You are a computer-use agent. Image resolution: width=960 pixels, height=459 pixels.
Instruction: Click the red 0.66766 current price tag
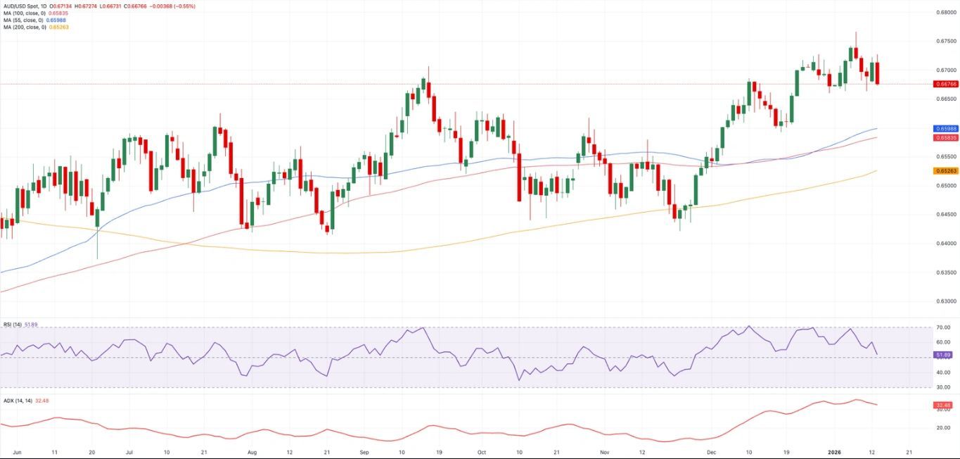click(x=945, y=84)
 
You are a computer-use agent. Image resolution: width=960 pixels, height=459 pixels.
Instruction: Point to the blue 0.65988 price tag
click(x=945, y=129)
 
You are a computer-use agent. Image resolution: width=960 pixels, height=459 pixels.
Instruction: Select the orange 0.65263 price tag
click(x=945, y=171)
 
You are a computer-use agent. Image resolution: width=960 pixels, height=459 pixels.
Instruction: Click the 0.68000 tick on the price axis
click(x=945, y=13)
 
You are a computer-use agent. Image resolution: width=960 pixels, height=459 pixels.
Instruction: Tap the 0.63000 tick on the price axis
click(x=945, y=301)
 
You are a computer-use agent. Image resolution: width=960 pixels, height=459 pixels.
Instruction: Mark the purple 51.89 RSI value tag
click(x=943, y=354)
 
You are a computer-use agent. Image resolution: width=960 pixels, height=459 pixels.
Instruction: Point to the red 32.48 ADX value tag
click(x=943, y=405)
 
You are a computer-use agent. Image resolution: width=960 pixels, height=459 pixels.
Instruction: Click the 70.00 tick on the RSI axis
click(x=943, y=328)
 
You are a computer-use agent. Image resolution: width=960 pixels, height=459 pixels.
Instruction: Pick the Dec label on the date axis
click(x=711, y=451)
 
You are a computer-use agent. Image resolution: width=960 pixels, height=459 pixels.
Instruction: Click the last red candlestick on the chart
click(x=877, y=73)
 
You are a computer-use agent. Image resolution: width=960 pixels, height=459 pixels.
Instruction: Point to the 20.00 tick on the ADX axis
click(x=942, y=427)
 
